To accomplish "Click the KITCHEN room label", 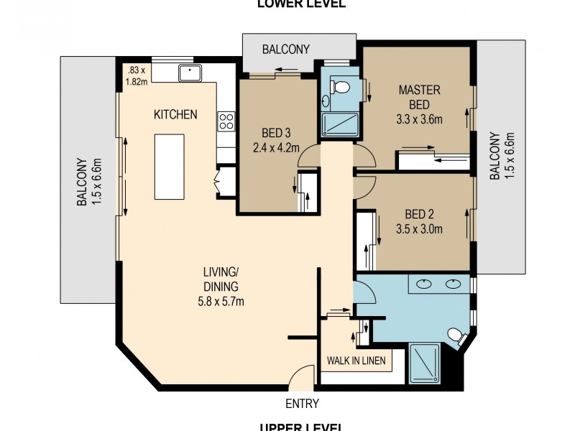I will tap(175, 114).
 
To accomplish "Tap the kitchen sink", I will tap(191, 72).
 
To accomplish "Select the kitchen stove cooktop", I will tap(226, 121).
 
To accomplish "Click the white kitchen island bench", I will tap(169, 167).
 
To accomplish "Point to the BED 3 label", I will tap(277, 132).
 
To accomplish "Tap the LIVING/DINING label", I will tap(219, 279).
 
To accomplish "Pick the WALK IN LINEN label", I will tap(356, 360).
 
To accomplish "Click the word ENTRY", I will tap(302, 404).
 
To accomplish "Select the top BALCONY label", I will tap(285, 50).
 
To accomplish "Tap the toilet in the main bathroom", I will tap(454, 335).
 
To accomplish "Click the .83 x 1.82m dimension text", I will tap(137, 75).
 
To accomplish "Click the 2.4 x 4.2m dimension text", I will tap(277, 149).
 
